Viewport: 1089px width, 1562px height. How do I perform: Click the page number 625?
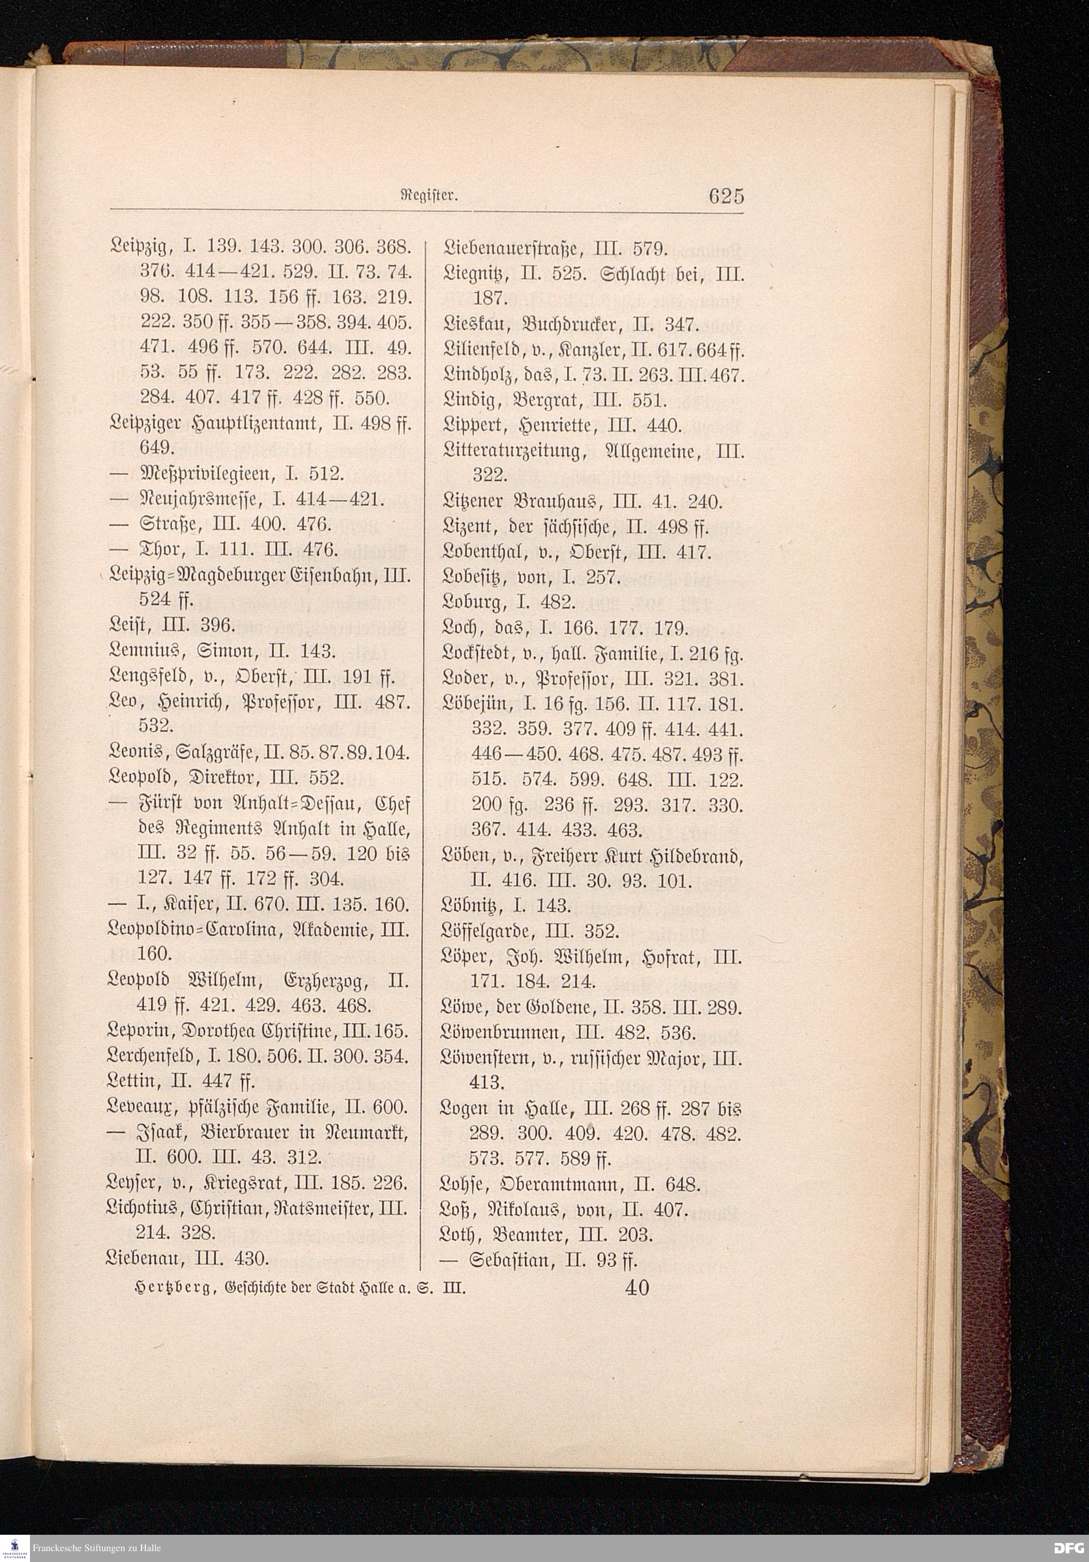click(x=726, y=196)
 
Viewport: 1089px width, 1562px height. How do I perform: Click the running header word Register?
click(x=427, y=197)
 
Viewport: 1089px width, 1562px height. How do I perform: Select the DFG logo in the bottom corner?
click(x=1069, y=1548)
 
